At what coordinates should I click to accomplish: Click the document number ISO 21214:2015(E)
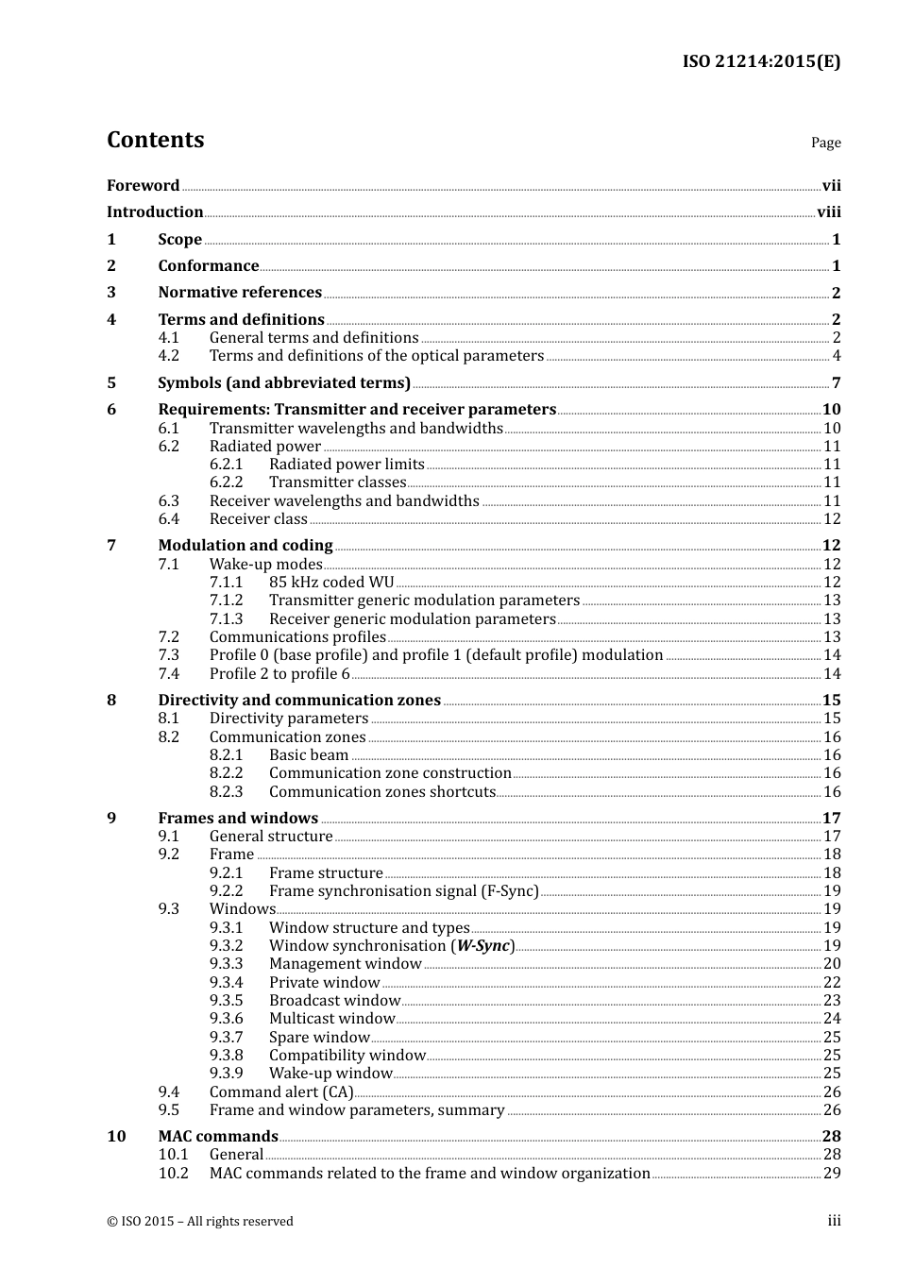click(x=761, y=61)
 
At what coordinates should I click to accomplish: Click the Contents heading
click(x=155, y=140)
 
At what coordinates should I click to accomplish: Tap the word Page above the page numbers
click(x=825, y=143)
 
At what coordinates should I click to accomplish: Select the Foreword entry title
click(x=143, y=186)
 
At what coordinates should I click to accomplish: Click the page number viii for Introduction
click(x=828, y=212)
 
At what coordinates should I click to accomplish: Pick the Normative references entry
click(x=240, y=293)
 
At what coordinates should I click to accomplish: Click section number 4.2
click(x=168, y=356)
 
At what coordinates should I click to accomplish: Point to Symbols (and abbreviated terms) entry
click(x=283, y=383)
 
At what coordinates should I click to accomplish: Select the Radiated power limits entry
click(x=347, y=465)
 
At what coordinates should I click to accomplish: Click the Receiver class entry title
click(x=258, y=519)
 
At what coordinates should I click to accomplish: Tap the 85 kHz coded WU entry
click(x=331, y=583)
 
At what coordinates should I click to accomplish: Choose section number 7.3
click(x=168, y=655)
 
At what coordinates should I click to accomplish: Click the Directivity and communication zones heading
click(x=299, y=701)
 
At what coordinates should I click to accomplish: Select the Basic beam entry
click(x=309, y=755)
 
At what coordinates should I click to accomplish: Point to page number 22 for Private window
click(x=831, y=983)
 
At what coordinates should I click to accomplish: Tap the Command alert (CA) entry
click(x=281, y=1092)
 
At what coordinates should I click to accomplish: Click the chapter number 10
click(x=116, y=1137)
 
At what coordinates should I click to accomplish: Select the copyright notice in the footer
click(x=199, y=1222)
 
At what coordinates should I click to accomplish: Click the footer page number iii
click(x=834, y=1221)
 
